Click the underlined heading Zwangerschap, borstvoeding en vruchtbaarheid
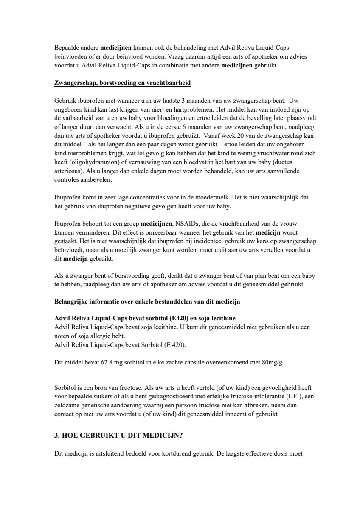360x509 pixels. click(x=123, y=83)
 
